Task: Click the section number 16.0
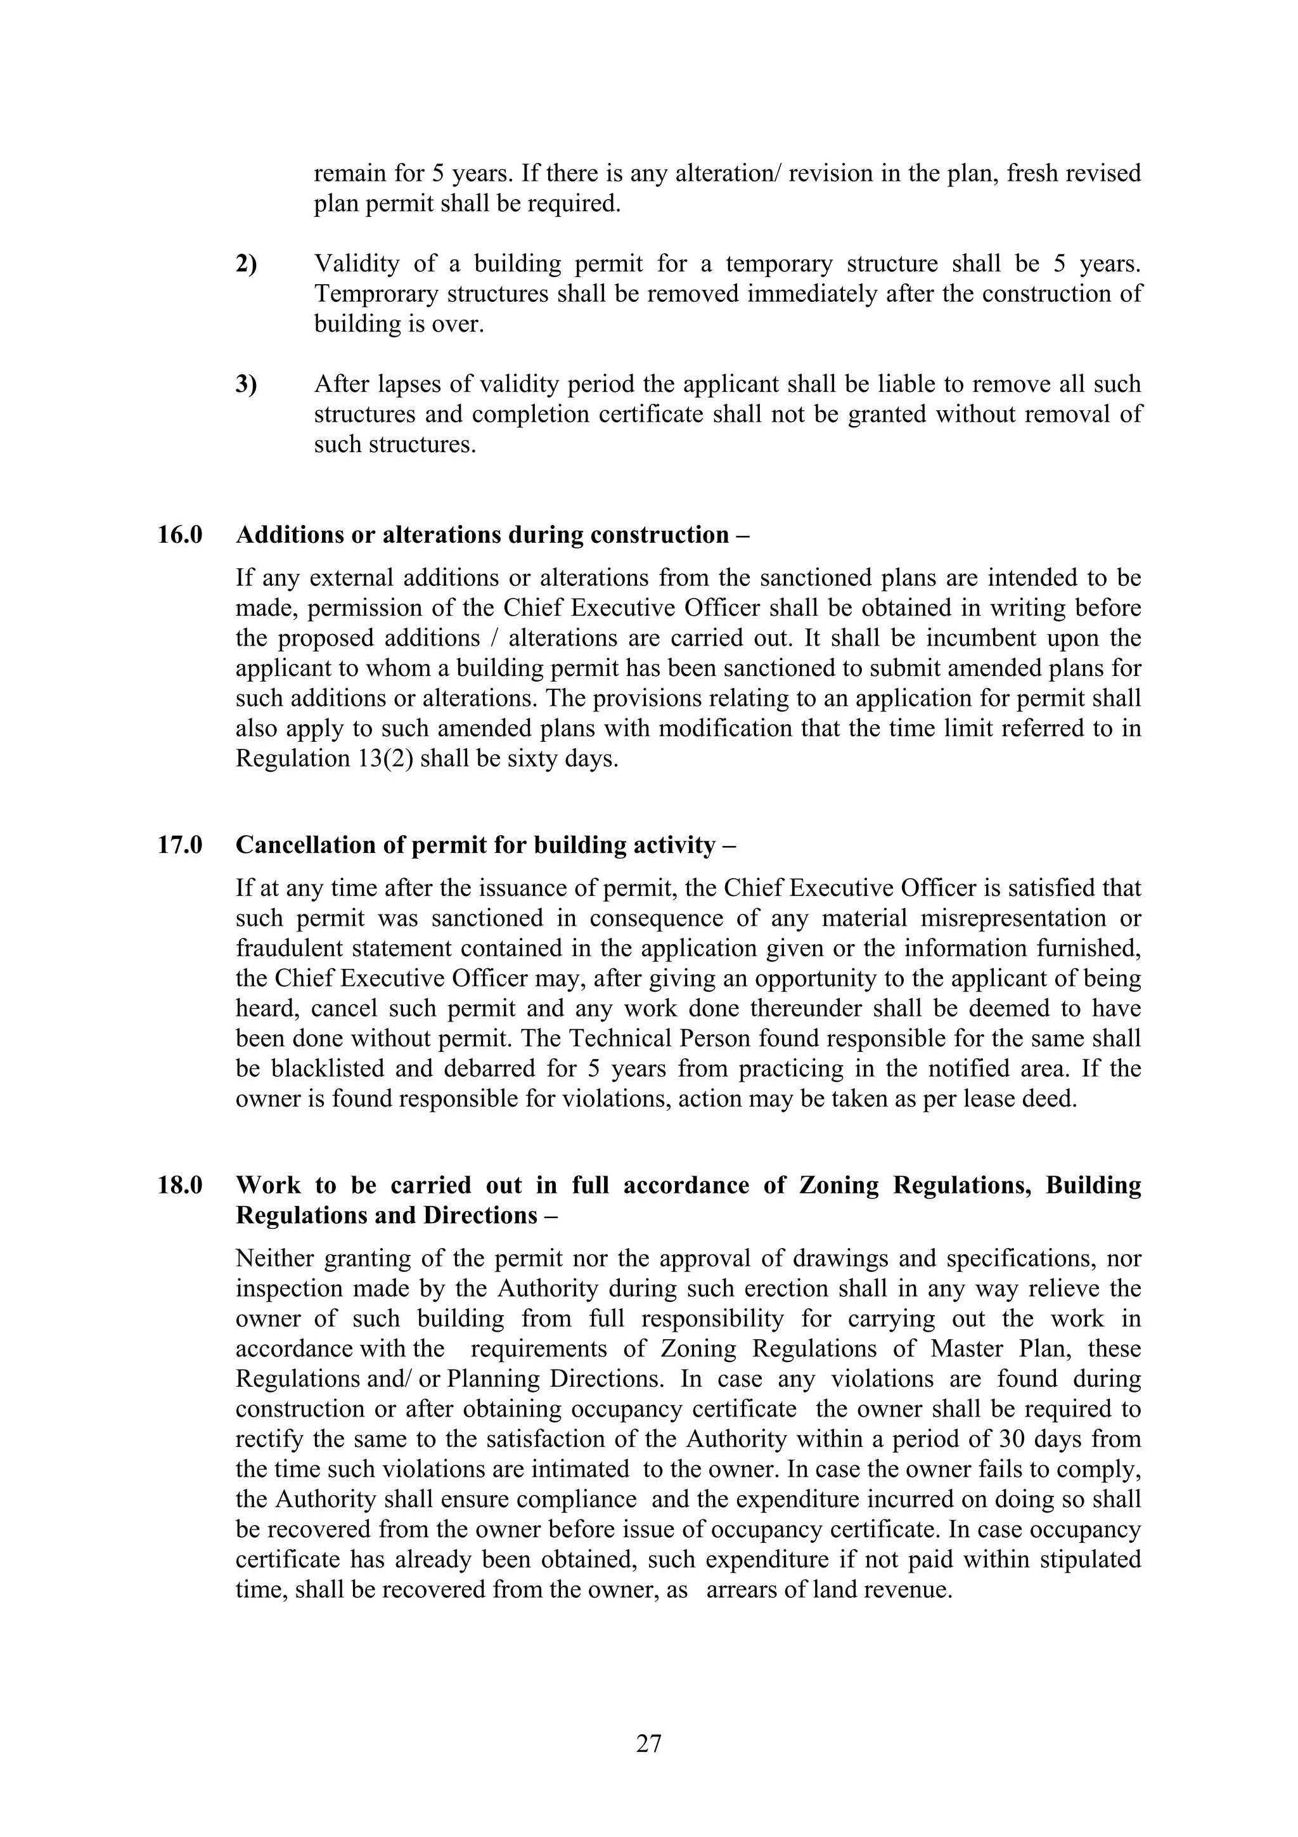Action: pos(180,535)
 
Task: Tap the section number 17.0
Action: pos(180,845)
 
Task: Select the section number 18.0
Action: pos(180,1185)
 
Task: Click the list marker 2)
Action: pos(247,263)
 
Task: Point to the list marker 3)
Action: pos(247,384)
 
